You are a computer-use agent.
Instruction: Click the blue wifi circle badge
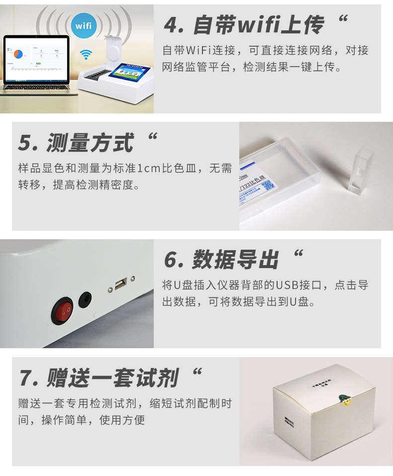84,25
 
